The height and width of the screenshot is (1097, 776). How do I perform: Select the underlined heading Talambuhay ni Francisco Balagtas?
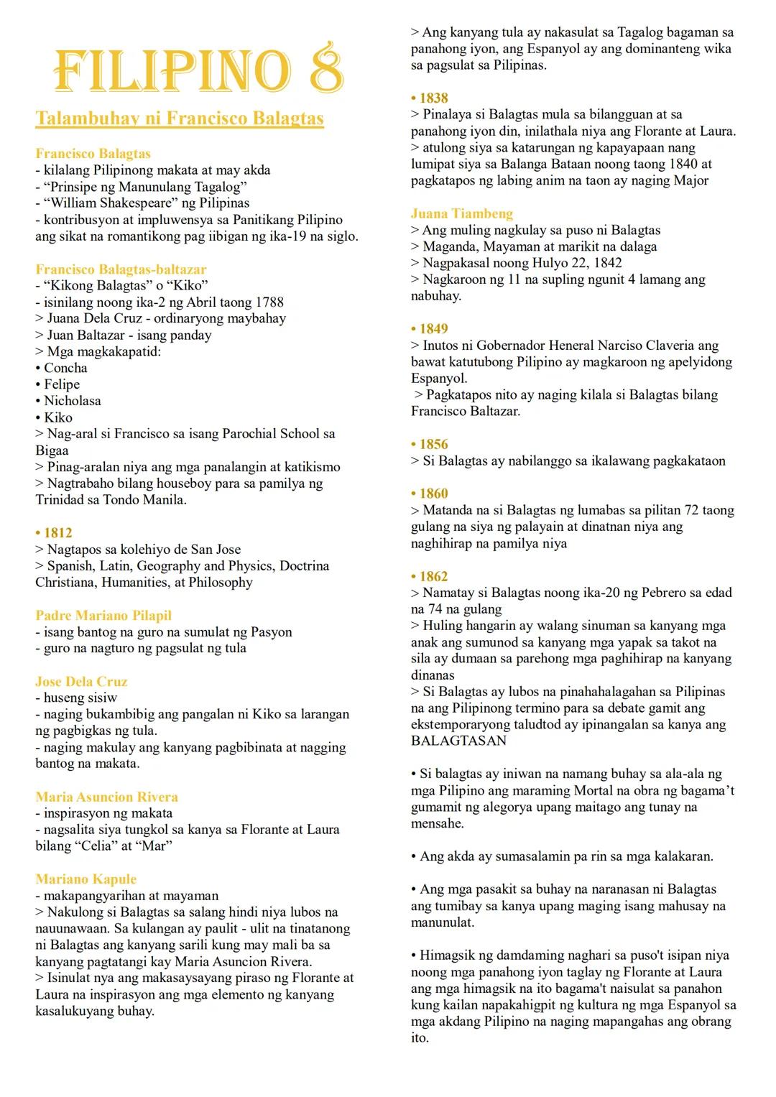tap(180, 119)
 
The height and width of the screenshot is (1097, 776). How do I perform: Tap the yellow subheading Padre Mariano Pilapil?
tap(103, 616)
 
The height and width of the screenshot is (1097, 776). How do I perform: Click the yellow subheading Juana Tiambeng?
tap(462, 213)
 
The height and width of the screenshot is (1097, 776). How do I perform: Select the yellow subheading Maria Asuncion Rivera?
tap(106, 797)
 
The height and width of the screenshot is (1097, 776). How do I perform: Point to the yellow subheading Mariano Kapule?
tap(86, 879)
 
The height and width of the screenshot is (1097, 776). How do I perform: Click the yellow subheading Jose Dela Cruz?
tap(81, 682)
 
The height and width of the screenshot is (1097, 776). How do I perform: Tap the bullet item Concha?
tap(65, 368)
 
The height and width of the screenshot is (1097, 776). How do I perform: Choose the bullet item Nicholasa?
tap(72, 401)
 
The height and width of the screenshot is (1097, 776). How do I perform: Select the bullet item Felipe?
tap(62, 384)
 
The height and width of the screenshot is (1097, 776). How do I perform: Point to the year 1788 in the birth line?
tap(268, 302)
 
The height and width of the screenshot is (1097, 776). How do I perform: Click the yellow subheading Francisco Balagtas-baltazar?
tap(121, 269)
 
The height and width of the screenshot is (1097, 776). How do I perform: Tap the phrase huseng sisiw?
tap(80, 698)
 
